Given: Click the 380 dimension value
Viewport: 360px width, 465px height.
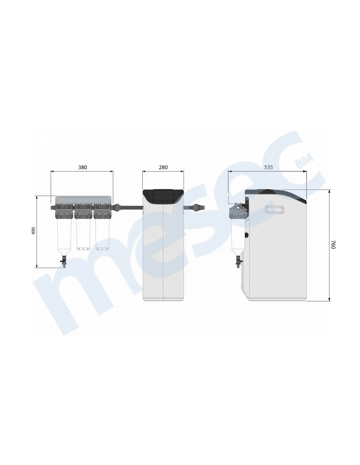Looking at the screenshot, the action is [x=82, y=167].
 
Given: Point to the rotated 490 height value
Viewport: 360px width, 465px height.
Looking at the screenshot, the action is [x=33, y=231].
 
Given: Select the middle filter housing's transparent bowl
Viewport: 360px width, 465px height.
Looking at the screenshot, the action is [x=83, y=234].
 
